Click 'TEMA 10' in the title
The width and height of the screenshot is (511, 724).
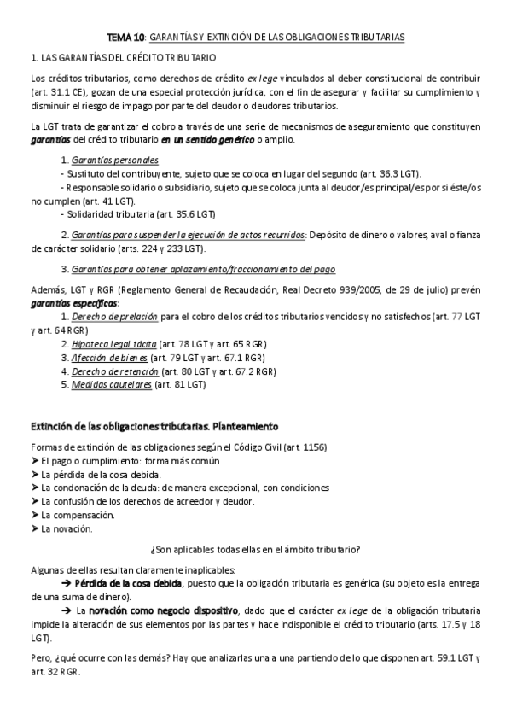[125, 38]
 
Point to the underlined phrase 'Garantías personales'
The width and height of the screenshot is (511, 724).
[115, 160]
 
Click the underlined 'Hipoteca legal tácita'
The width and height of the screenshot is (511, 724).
[114, 344]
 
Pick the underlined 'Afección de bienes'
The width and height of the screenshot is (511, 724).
[110, 358]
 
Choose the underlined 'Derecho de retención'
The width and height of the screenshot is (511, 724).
[115, 371]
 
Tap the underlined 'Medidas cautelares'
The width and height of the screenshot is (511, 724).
[112, 385]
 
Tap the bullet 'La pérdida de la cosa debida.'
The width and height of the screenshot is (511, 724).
[100, 474]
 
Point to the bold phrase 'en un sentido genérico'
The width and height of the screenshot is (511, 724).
[207, 139]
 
